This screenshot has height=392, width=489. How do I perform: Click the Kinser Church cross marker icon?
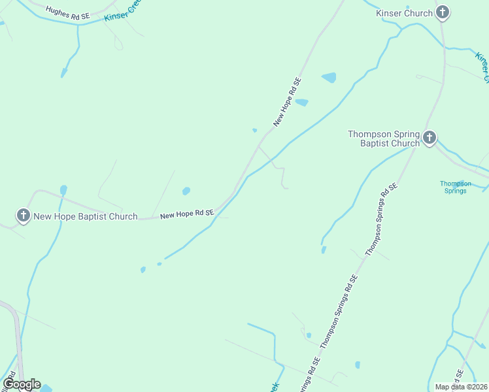(x=443, y=12)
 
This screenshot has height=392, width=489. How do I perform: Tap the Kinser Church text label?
(x=405, y=13)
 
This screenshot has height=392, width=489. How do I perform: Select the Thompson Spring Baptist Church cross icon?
(x=429, y=137)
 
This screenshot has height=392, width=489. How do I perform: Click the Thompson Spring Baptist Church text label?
(x=383, y=139)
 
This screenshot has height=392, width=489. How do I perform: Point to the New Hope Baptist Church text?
(x=86, y=216)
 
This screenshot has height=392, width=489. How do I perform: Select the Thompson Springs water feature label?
(x=454, y=188)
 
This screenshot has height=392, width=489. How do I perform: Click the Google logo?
(x=22, y=384)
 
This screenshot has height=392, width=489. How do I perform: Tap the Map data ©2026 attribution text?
(x=461, y=387)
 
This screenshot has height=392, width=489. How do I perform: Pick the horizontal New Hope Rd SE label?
(x=187, y=214)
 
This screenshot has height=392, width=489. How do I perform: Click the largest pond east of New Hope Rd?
(x=329, y=78)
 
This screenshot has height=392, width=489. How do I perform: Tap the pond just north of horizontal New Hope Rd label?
(x=186, y=191)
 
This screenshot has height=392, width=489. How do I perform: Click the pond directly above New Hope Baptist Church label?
(x=63, y=190)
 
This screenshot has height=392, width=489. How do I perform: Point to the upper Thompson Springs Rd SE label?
(x=382, y=218)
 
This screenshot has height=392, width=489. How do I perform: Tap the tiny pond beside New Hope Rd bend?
(x=254, y=130)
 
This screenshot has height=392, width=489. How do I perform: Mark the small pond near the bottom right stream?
(x=357, y=365)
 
